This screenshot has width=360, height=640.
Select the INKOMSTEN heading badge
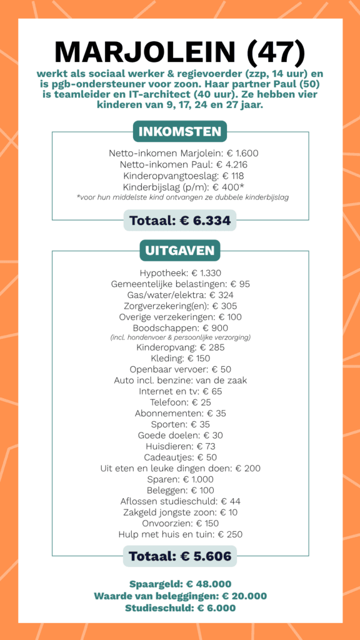(180, 132)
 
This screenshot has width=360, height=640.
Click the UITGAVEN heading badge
(180, 251)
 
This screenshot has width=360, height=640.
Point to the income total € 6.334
(180, 220)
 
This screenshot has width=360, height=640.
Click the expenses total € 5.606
(180, 556)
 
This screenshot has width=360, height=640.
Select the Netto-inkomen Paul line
(180, 164)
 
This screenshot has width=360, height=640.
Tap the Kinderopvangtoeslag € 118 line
(180, 176)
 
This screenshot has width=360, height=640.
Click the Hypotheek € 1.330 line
(180, 273)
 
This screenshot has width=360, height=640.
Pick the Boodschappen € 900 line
(180, 327)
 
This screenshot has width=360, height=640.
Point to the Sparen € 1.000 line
(180, 479)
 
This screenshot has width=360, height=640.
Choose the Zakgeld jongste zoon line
(180, 512)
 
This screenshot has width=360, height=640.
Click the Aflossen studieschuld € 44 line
(180, 501)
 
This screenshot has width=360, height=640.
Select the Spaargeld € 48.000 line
(180, 584)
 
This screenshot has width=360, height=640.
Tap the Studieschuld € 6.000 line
(180, 607)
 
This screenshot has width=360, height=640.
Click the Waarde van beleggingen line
(180, 596)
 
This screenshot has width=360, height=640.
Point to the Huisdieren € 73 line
(180, 446)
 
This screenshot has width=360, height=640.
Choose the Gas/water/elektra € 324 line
(180, 295)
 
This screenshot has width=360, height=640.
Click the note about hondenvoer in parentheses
(180, 337)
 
